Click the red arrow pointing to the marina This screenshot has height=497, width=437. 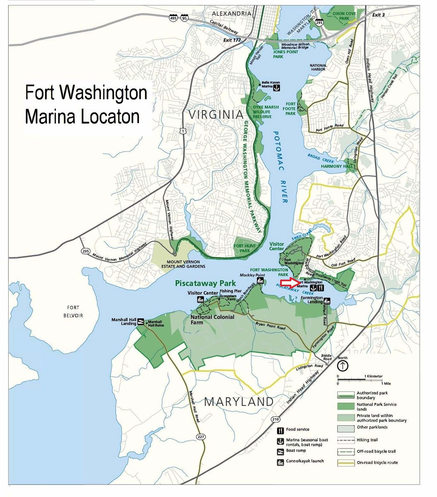[x=289, y=283]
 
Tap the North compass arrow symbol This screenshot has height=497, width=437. [x=342, y=366]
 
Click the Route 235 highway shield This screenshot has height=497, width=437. [x=85, y=251]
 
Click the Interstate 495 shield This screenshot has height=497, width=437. [x=173, y=17]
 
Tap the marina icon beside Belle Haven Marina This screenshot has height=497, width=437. [x=278, y=88]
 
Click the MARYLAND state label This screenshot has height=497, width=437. [x=239, y=401]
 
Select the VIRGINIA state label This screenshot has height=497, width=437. [x=215, y=114]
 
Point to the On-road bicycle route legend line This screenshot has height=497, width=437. [x=345, y=463]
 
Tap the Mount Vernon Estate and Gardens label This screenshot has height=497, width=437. [x=183, y=264]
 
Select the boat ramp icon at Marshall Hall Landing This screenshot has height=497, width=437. [x=141, y=321]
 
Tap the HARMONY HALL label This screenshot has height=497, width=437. [x=333, y=166]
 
